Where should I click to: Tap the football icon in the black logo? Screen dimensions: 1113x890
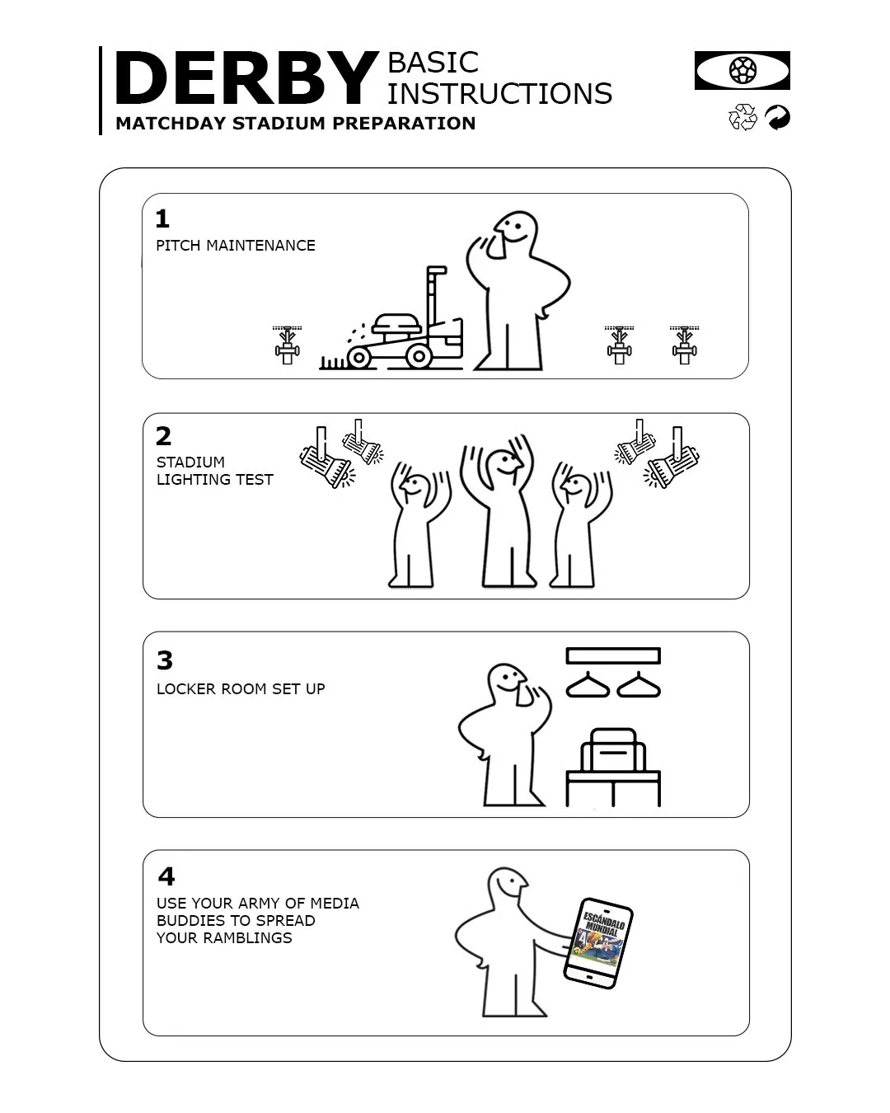pos(742,70)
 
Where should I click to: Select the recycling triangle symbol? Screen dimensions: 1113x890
pos(742,118)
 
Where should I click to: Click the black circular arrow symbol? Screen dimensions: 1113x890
pos(777,118)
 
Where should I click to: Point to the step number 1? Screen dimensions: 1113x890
pos(162,219)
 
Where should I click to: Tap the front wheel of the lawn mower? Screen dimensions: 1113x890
pos(359,357)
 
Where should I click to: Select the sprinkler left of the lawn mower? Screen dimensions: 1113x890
pos(287,345)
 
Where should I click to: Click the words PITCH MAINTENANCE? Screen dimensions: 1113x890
pos(236,246)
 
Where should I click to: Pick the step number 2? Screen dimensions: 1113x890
pos(163,436)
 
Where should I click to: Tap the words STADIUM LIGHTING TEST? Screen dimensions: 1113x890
pos(214,471)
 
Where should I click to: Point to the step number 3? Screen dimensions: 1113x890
pos(165,660)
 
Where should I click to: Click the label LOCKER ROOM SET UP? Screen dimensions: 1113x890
pos(241,688)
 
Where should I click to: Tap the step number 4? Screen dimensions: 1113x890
pos(166,876)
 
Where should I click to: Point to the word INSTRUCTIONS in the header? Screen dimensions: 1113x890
pos(499,94)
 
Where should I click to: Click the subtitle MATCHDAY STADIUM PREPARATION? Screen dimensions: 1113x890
pos(295,124)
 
